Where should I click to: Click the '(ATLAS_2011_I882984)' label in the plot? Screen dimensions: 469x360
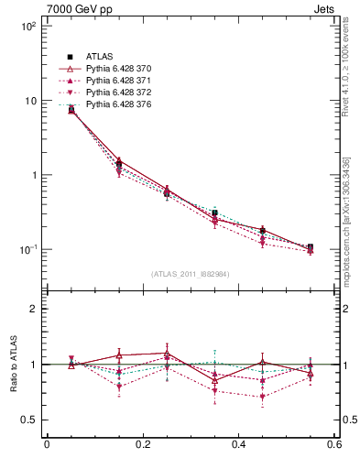click(x=191, y=274)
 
